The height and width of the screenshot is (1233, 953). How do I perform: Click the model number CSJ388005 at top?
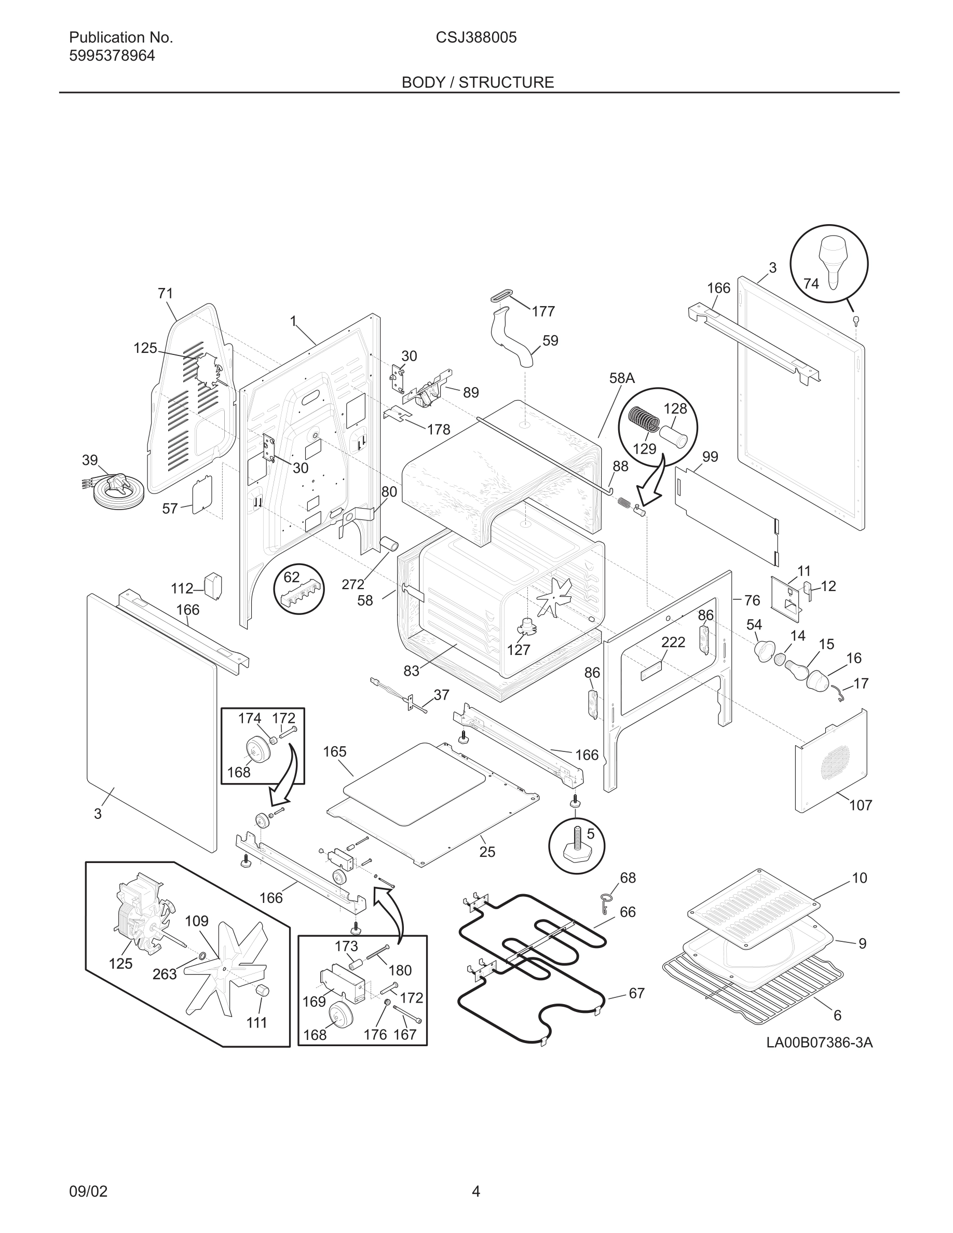(x=476, y=38)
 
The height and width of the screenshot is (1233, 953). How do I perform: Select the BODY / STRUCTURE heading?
(x=477, y=83)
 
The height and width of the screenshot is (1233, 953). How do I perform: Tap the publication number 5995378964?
(x=112, y=56)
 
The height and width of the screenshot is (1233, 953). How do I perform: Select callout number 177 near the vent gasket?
(x=543, y=312)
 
